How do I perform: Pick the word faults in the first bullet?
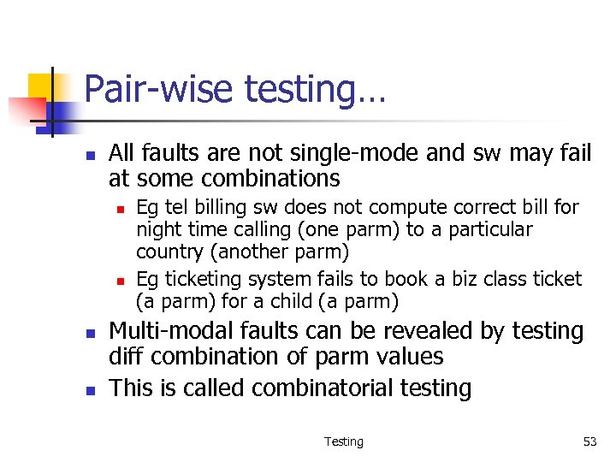tap(169, 154)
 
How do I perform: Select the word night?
tap(157, 230)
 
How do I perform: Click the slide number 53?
tap(589, 441)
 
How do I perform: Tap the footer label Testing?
tap(343, 441)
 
